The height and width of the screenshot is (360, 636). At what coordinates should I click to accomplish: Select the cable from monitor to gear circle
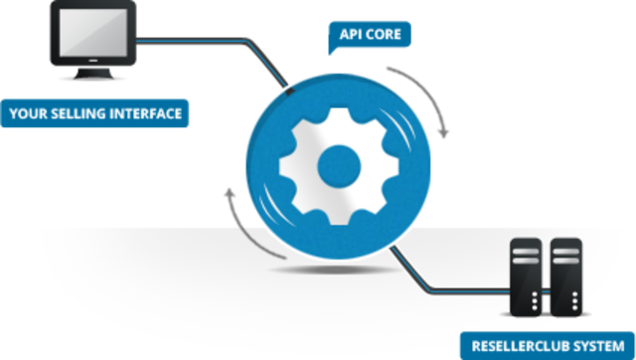(x=229, y=44)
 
